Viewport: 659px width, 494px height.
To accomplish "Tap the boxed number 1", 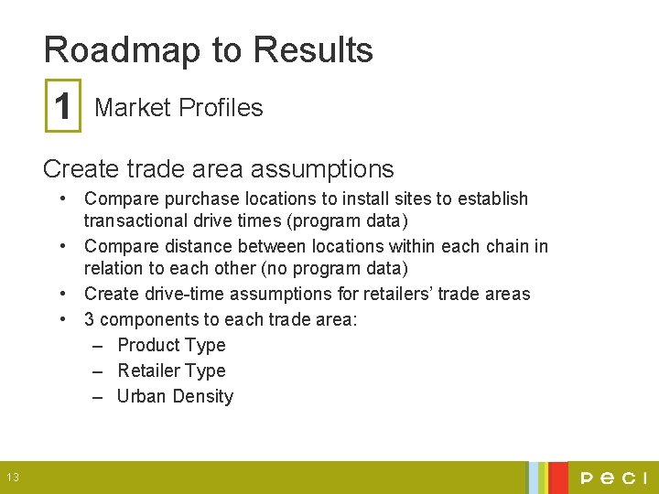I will [x=63, y=107].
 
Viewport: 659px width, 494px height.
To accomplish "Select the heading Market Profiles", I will [x=178, y=108].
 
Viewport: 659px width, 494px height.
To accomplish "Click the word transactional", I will [x=136, y=220].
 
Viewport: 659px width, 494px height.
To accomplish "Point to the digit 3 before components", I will [x=90, y=319].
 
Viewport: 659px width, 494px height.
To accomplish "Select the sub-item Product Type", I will [x=171, y=345].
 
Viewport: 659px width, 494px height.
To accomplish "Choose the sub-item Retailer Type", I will [x=171, y=370].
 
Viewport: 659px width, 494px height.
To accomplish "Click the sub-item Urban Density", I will [x=175, y=396].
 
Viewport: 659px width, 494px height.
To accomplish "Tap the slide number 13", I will [x=13, y=477].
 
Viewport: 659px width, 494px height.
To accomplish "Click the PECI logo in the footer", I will [x=612, y=478].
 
